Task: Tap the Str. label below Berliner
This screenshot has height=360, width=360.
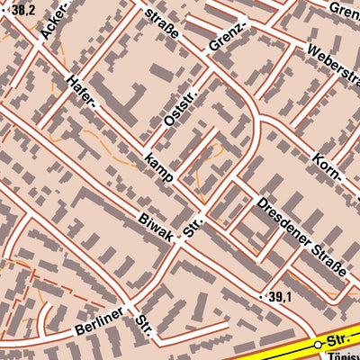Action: (145, 327)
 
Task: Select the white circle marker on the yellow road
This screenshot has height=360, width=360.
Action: (317, 345)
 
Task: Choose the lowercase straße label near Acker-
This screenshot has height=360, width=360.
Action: (162, 22)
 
